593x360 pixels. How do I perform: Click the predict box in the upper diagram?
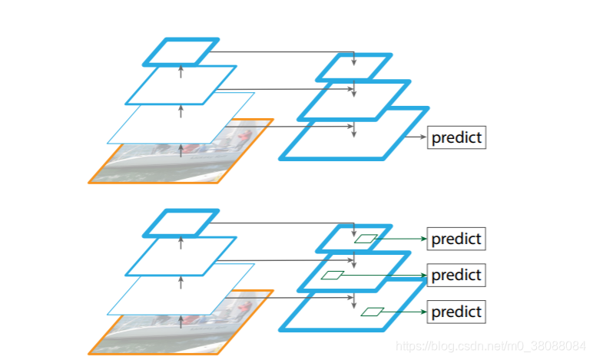[456, 138]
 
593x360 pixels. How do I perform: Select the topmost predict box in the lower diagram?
[456, 239]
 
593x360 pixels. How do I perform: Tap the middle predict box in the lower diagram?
[456, 275]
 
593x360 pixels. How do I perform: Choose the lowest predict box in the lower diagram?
[456, 312]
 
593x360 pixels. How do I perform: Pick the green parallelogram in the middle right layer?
[332, 275]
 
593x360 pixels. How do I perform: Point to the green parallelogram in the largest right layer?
[373, 312]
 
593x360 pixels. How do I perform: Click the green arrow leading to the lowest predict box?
[404, 312]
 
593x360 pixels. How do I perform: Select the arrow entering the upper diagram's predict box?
[415, 138]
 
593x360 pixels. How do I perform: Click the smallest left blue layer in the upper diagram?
[181, 51]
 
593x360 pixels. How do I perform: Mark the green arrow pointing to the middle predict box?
[384, 274]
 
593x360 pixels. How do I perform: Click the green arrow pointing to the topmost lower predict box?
[399, 239]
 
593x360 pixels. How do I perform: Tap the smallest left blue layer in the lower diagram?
[181, 223]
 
